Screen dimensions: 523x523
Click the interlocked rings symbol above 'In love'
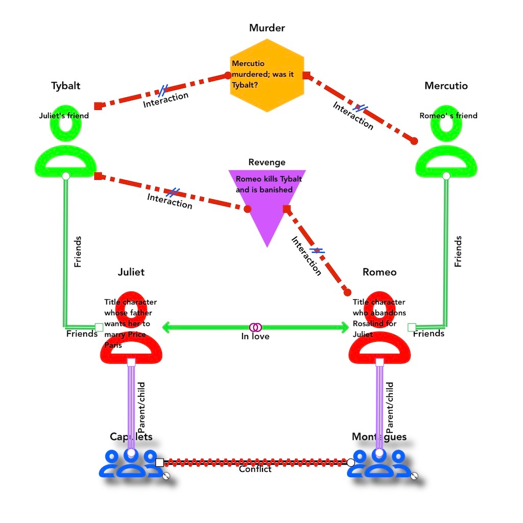pos(255,327)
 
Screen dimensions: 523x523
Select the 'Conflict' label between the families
pos(255,469)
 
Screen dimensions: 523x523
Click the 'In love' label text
pos(255,337)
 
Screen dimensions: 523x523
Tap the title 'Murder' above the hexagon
pos(267,28)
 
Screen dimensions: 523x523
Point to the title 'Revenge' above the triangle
pos(267,162)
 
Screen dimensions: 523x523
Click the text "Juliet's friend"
pos(64,116)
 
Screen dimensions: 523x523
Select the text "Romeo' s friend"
pos(448,116)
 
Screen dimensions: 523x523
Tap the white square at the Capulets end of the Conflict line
pos(159,462)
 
